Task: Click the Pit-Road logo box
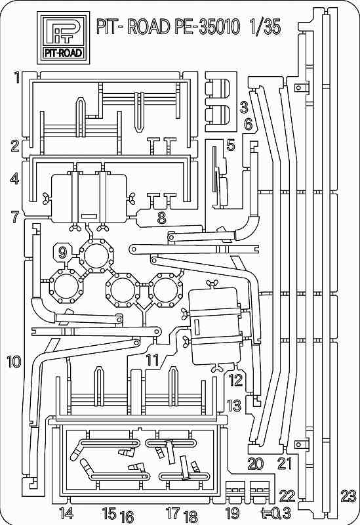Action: [63, 37]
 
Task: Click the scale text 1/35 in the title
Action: [265, 27]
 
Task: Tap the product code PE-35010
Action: [207, 27]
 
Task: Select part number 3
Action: [244, 108]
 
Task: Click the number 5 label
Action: [231, 146]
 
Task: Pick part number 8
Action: [161, 219]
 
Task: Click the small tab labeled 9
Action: [62, 252]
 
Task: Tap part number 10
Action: [14, 362]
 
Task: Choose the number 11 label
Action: [152, 360]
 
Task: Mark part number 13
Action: [234, 406]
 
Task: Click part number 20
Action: [256, 464]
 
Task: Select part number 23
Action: [348, 496]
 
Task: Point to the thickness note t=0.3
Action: [276, 513]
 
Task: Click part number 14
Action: [66, 513]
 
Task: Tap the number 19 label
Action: [233, 513]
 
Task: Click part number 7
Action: [15, 217]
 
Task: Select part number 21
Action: [285, 464]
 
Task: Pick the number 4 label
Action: [14, 178]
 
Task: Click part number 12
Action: [235, 380]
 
